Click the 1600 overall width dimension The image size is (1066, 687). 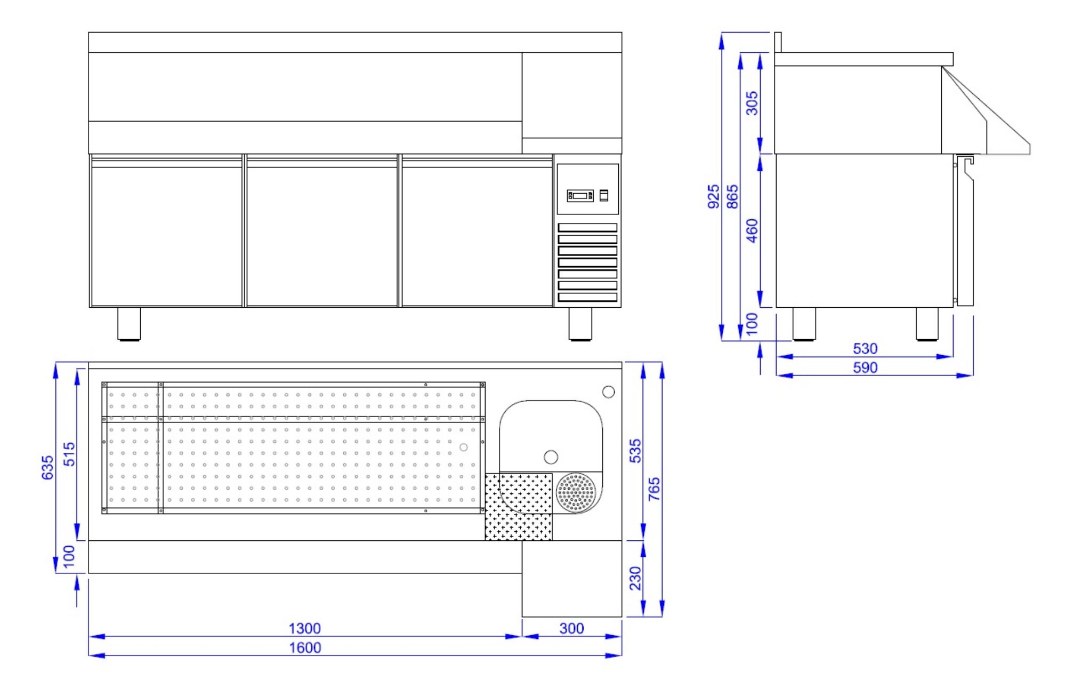click(305, 648)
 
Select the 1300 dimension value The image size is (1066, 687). click(305, 628)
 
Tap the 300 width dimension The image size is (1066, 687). click(571, 628)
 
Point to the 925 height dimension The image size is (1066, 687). click(713, 196)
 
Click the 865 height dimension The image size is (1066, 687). click(733, 196)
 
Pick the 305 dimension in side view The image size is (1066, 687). click(752, 103)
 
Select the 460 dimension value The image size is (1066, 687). click(752, 230)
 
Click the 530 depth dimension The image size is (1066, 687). click(865, 349)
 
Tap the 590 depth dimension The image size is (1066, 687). click(865, 368)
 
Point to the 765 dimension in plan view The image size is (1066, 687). click(654, 489)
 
